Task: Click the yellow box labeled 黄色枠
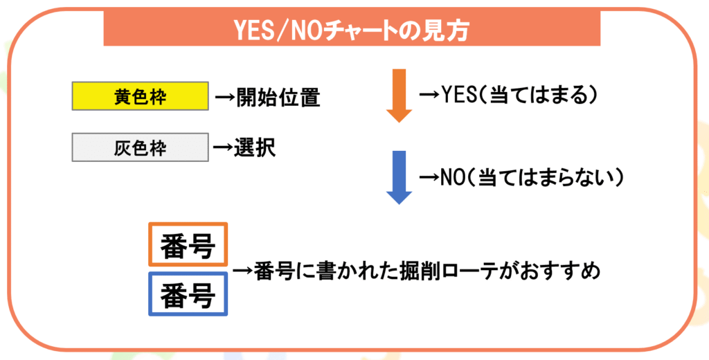tap(140, 97)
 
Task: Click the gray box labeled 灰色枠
tap(140, 148)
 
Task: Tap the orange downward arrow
tap(399, 96)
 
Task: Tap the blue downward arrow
tap(399, 177)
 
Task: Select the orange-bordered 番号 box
tap(188, 245)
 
